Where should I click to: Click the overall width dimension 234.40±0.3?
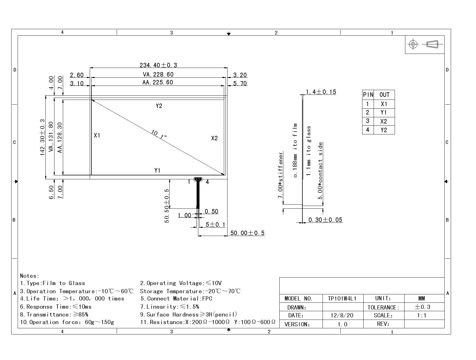(158, 65)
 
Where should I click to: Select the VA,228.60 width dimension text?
(158, 75)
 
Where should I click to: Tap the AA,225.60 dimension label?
(158, 82)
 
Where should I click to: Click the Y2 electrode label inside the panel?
(159, 106)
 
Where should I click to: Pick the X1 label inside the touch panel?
(97, 136)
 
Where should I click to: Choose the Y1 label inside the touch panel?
(157, 171)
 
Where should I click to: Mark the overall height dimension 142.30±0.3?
(42, 137)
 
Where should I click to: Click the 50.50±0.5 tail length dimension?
(167, 206)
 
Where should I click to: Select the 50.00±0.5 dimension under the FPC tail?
(247, 233)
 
